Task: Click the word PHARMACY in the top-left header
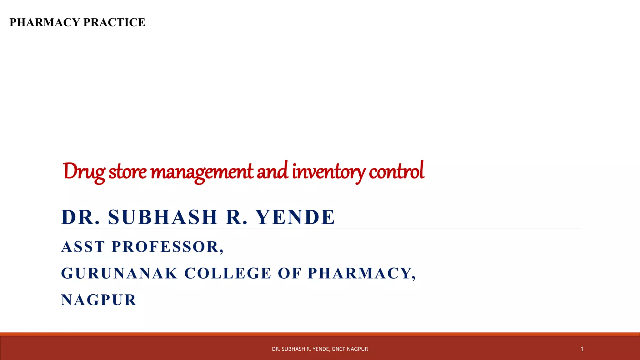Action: [45, 22]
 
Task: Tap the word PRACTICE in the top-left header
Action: [114, 22]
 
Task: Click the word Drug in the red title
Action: [84, 172]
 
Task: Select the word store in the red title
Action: [127, 172]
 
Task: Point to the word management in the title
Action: [202, 172]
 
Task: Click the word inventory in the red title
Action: [328, 172]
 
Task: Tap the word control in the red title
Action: [396, 172]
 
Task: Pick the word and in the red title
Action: [272, 172]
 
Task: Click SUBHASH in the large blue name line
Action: [163, 217]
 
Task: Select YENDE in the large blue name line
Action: [295, 217]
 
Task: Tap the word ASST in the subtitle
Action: [83, 247]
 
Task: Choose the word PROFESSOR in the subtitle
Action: [167, 247]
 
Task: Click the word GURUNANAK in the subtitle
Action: [119, 273]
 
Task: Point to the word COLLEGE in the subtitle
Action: [228, 273]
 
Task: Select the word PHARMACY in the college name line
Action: [361, 273]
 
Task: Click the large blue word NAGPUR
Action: [99, 300]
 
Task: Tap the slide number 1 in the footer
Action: [582, 349]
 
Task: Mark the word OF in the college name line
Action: [289, 273]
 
